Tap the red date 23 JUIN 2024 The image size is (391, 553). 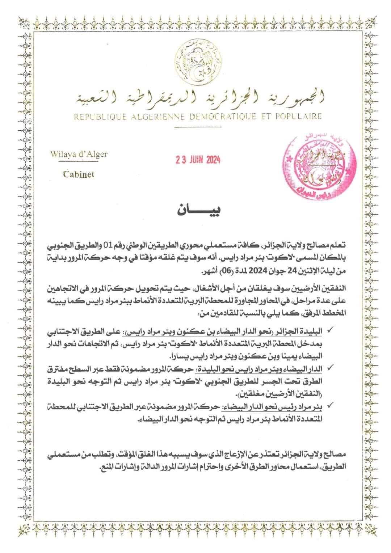coord(198,160)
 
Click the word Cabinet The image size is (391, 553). coord(79,174)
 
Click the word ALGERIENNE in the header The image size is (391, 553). coord(154,117)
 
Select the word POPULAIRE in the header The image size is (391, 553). coord(299,117)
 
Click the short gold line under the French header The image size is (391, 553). coord(198,127)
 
